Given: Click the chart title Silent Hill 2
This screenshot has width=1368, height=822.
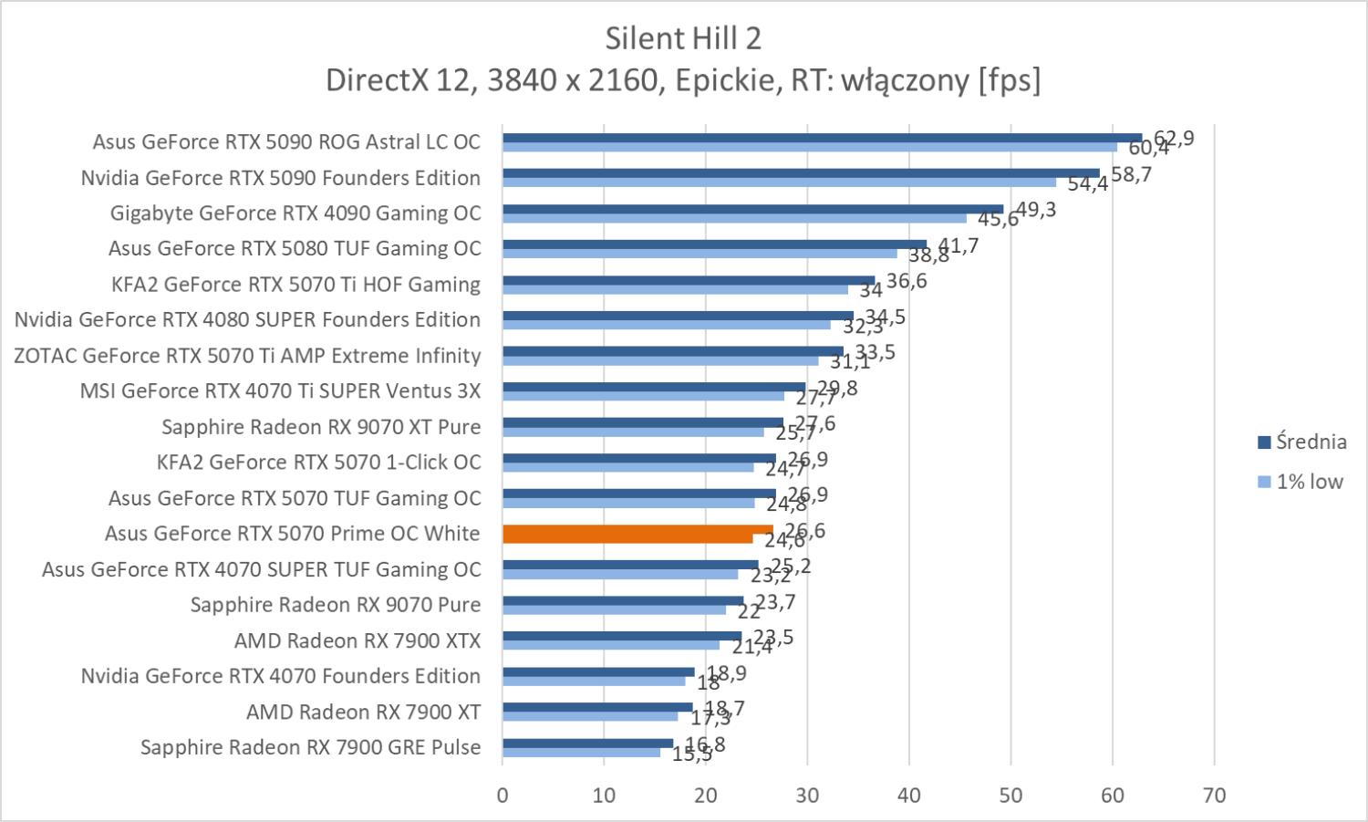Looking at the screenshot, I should [683, 38].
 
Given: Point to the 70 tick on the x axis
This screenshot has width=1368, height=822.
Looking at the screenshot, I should [1214, 795].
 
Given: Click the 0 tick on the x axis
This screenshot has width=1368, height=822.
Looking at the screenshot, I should [503, 795].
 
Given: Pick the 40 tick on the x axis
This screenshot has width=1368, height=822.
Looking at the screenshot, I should [909, 795].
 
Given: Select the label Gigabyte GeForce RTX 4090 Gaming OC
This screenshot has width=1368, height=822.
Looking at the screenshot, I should [295, 213].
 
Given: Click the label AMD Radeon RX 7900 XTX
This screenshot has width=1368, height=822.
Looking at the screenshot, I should [358, 640].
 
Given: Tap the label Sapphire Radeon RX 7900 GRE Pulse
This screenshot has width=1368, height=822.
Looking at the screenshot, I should [310, 747].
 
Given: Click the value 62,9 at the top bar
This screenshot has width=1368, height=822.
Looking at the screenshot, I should [1174, 139].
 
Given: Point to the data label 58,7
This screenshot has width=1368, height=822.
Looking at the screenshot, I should [1131, 174].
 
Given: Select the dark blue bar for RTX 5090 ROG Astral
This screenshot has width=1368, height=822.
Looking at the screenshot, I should [821, 138].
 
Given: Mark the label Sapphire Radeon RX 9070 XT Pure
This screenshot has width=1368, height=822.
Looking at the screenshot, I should [321, 427].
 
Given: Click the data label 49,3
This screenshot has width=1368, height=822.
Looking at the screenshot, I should [1036, 210].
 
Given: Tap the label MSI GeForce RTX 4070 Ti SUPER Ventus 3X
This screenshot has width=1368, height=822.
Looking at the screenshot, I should [280, 391].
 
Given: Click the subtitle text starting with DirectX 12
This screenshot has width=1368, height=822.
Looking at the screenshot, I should [683, 81].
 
